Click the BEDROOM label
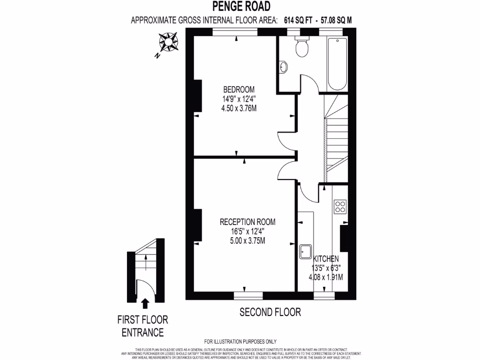click(x=239, y=90)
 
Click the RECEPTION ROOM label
click(x=247, y=222)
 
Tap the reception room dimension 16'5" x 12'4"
click(x=247, y=231)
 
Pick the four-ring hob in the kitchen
click(x=340, y=207)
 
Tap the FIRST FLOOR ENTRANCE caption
click(x=142, y=326)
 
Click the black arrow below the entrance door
click(x=145, y=304)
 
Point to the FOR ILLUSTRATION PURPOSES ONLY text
click(x=240, y=341)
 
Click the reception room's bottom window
click(x=248, y=295)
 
